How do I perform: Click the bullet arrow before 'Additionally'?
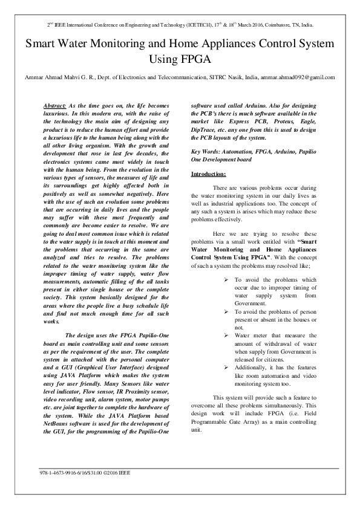point(226,367)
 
